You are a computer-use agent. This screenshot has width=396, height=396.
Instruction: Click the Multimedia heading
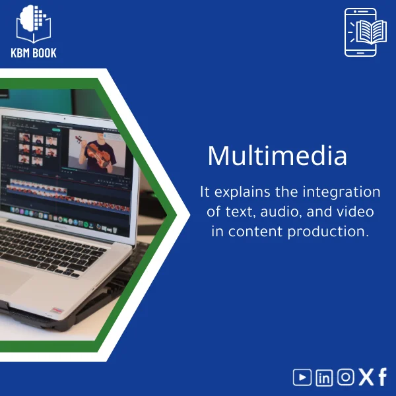coord(277,156)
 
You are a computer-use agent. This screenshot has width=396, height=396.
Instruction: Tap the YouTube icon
coord(302,378)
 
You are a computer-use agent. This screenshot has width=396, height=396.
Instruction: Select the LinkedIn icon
coord(324,378)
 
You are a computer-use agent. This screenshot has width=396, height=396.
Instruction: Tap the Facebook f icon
coord(383,378)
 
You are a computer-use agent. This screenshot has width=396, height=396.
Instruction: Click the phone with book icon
coord(361,32)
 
